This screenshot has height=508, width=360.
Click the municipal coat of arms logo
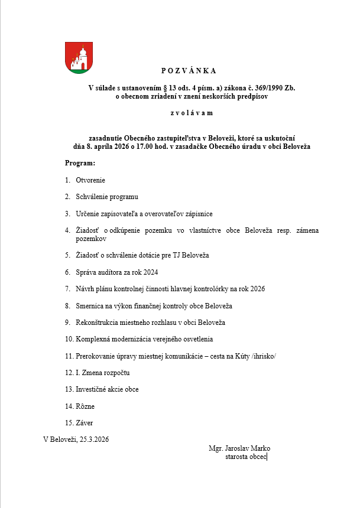point(79,58)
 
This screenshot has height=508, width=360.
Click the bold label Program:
point(80,162)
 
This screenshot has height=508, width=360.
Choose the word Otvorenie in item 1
point(90,180)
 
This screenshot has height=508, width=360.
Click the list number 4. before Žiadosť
point(67,230)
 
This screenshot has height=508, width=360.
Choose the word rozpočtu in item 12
point(116,373)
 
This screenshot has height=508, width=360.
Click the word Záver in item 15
point(85,423)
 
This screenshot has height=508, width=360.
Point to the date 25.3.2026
point(93,439)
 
